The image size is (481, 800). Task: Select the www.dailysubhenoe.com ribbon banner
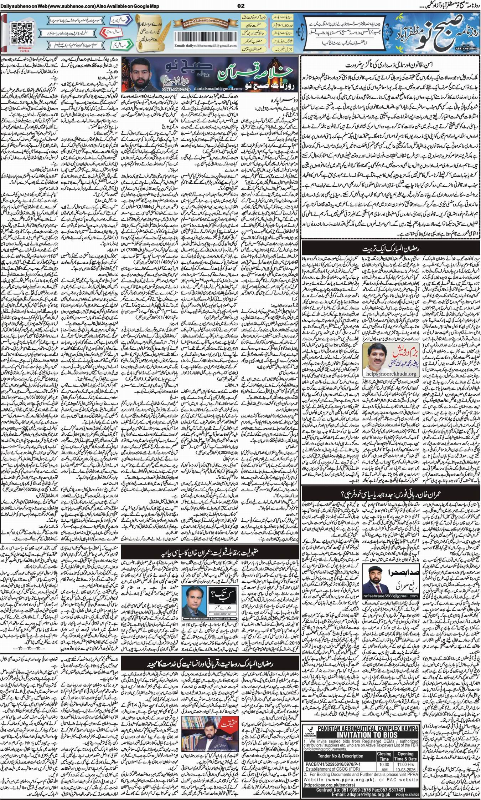tap(202, 23)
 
